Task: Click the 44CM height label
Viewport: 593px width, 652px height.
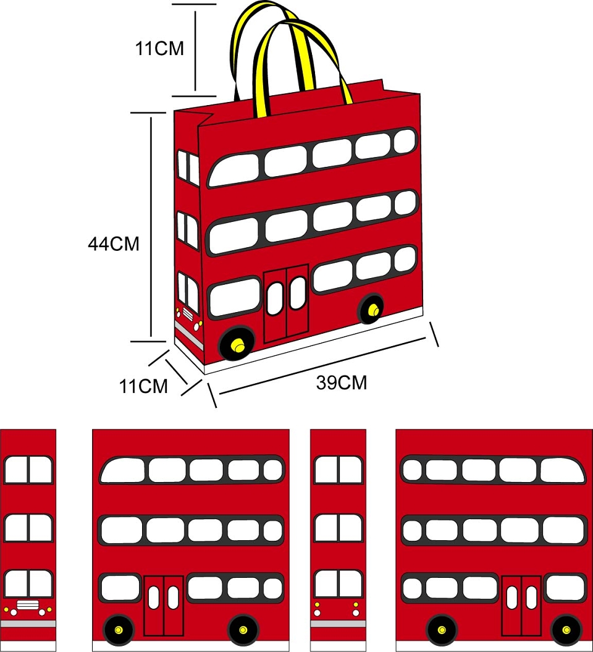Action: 114,243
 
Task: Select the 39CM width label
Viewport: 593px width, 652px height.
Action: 342,383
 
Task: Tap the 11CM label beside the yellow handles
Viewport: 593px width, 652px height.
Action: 159,48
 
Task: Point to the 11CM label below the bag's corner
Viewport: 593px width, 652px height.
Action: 143,386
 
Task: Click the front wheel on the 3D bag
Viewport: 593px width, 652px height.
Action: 237,343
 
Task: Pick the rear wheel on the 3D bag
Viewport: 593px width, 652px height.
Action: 371,308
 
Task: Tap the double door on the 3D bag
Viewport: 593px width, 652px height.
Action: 287,303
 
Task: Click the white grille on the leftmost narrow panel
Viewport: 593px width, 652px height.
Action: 28,605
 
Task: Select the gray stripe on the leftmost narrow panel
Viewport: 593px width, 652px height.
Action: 28,624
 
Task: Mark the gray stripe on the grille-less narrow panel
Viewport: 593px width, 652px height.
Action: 339,624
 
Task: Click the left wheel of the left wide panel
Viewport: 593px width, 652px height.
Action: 119,630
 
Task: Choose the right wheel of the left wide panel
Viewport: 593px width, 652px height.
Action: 243,630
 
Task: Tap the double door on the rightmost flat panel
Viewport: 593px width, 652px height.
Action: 521,606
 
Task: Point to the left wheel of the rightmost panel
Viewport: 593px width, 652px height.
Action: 442,630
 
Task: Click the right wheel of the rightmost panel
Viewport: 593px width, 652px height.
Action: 566,630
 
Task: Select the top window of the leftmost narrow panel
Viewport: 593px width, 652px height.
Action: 28,470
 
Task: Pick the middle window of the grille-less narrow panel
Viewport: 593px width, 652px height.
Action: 339,528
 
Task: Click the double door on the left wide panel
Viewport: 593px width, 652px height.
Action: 164,606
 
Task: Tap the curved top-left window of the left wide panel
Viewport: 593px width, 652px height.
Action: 122,470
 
